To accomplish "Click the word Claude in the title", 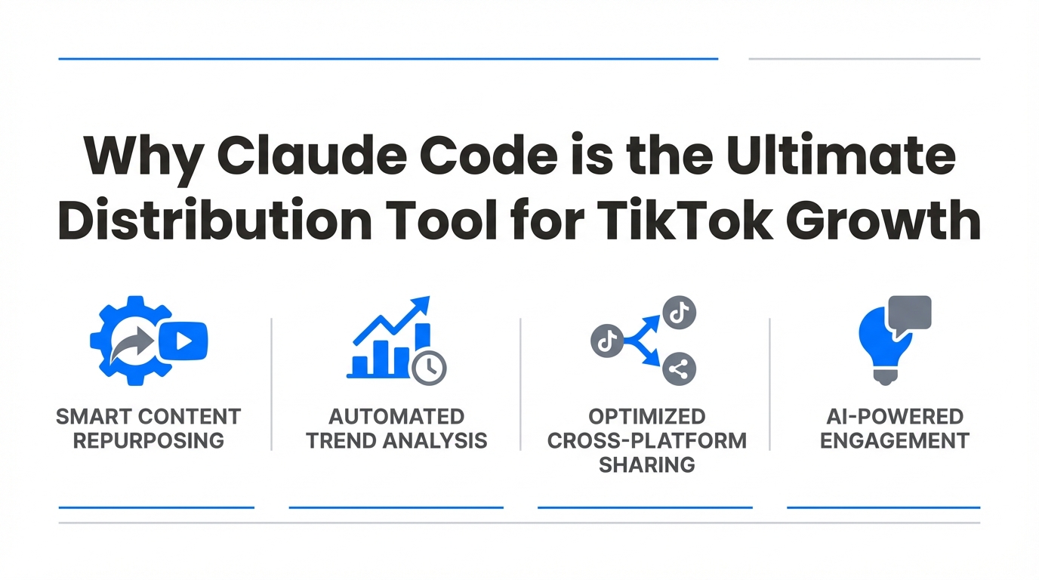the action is (x=312, y=156).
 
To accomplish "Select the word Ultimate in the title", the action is (x=840, y=156).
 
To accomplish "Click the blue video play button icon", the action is (x=183, y=341).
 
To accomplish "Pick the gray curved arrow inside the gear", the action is (x=131, y=344).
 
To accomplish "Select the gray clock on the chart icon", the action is (x=429, y=369).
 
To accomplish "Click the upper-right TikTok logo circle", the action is (x=679, y=313).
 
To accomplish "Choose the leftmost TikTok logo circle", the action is (x=607, y=341).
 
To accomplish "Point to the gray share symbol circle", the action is (x=679, y=369).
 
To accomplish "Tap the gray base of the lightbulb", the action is (x=885, y=376).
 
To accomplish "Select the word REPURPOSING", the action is (x=149, y=441).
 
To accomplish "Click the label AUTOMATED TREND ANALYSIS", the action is (x=396, y=429).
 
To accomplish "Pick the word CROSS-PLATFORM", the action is (x=647, y=441).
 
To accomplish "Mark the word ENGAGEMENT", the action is (x=895, y=441).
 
